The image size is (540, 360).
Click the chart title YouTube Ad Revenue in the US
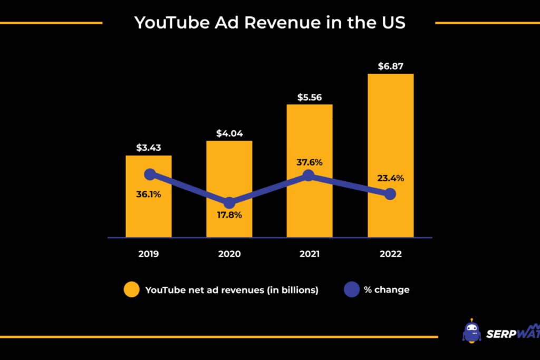click(269, 23)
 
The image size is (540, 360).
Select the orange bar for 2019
click(148, 216)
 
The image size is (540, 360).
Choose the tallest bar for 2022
click(390, 132)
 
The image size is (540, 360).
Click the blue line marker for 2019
click(150, 174)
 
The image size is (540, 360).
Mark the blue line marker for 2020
click(229, 203)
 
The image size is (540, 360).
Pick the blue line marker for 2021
click(309, 176)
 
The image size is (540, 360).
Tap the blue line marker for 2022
click(390, 194)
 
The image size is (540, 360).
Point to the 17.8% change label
click(229, 215)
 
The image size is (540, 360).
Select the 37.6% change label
click(310, 161)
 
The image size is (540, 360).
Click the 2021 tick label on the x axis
click(310, 254)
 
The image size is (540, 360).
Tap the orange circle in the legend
click(132, 289)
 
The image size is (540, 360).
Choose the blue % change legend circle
click(352, 289)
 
